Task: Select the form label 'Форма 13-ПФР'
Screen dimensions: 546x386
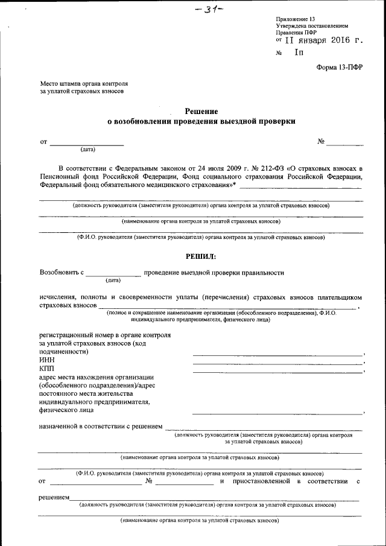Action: (x=340, y=67)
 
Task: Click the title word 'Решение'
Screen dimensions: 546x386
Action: (x=201, y=112)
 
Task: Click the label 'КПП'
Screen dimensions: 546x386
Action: (x=46, y=368)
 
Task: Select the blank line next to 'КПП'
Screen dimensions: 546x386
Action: (x=277, y=371)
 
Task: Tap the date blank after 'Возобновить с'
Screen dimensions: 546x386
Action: (x=113, y=275)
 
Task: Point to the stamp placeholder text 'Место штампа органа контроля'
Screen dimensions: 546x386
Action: (x=84, y=83)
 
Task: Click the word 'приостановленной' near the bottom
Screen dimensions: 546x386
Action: (x=261, y=481)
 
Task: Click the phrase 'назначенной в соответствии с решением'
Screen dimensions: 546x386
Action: (x=101, y=427)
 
